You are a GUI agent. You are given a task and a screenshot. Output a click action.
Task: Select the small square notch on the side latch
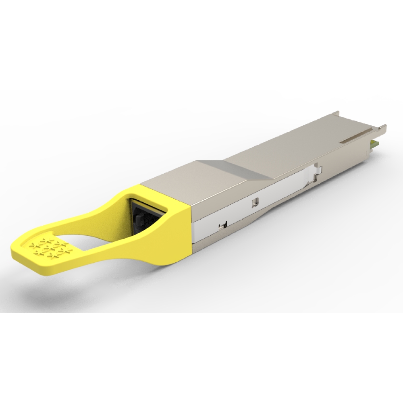[x=254, y=200]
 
